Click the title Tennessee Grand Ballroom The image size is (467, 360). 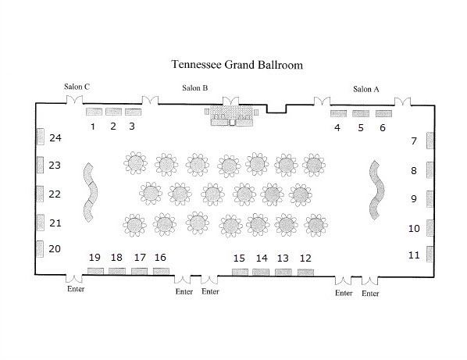[x=237, y=65]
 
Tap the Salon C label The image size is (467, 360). [x=77, y=87]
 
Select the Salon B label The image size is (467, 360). [x=195, y=87]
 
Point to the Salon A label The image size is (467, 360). [x=366, y=89]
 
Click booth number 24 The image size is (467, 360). [x=55, y=138]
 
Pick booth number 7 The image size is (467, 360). [x=414, y=141]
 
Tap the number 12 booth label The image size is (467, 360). [x=305, y=258]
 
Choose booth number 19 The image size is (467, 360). [x=94, y=257]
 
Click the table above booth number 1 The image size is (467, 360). [x=94, y=112]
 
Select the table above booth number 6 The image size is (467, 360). [x=383, y=113]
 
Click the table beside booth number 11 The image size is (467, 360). [x=430, y=254]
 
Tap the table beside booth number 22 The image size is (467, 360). [x=40, y=194]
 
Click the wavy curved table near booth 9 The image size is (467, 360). [x=377, y=190]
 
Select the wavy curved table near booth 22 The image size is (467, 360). [x=91, y=192]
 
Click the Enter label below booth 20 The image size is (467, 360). [x=76, y=289]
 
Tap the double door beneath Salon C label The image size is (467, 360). [x=74, y=100]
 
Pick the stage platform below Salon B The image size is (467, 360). [x=232, y=116]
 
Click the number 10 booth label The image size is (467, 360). [x=414, y=228]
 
